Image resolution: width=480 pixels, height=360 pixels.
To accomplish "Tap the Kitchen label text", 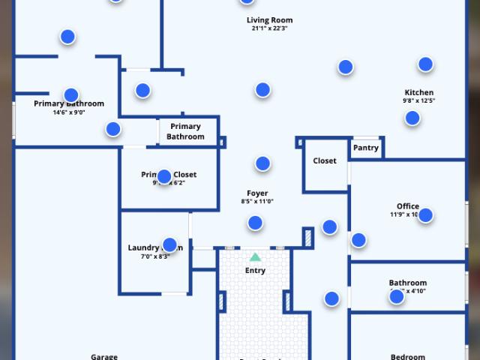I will (x=418, y=92).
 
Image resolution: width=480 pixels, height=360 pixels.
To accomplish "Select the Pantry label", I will (x=366, y=148).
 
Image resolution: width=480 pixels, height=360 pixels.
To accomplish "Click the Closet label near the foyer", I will (x=325, y=160).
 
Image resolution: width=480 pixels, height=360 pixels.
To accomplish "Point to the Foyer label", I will (x=257, y=193).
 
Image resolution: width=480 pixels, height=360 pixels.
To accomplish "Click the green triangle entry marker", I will (x=255, y=256).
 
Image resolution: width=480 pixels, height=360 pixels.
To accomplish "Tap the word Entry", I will (x=255, y=270).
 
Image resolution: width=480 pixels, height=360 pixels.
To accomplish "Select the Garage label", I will (x=104, y=356).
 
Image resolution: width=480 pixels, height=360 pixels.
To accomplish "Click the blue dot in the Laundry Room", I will (x=169, y=244).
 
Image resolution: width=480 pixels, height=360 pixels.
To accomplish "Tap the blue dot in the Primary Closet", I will (x=164, y=176).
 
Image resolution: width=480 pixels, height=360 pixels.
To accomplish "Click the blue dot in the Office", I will (x=425, y=215).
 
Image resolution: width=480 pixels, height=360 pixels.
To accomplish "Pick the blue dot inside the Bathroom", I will (x=397, y=296).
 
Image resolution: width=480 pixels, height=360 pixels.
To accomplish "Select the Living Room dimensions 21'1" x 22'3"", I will (x=269, y=28).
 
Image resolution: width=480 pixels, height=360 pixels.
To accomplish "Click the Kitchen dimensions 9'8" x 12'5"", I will (x=418, y=100).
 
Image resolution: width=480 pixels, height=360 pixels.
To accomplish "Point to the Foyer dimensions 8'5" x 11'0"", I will (x=257, y=201).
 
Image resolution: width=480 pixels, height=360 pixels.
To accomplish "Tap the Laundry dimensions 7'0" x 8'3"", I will (x=155, y=256).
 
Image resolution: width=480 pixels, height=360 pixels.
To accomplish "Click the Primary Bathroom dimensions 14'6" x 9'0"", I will (x=69, y=112).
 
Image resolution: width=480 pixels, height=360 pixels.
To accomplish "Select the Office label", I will (x=408, y=206).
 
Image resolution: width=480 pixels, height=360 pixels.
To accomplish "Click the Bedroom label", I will (x=408, y=357).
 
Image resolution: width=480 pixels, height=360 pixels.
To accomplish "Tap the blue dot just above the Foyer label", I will (x=262, y=163).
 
